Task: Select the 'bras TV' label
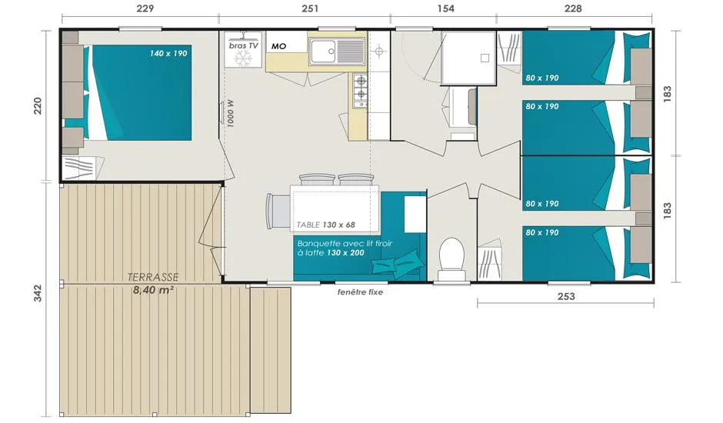(x=244, y=45)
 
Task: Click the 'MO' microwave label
(x=278, y=46)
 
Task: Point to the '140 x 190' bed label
(x=168, y=54)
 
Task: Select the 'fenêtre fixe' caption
(x=360, y=292)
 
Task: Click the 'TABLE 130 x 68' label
(x=325, y=225)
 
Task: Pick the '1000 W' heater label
(x=231, y=114)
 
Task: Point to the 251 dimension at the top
(x=310, y=8)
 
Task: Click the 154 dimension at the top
(x=445, y=8)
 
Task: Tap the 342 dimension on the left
(x=38, y=293)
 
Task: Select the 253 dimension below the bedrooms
(x=566, y=296)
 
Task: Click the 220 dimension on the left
(x=38, y=105)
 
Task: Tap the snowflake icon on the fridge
(x=242, y=59)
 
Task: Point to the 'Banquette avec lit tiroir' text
(x=345, y=244)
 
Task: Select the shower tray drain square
(x=485, y=58)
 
